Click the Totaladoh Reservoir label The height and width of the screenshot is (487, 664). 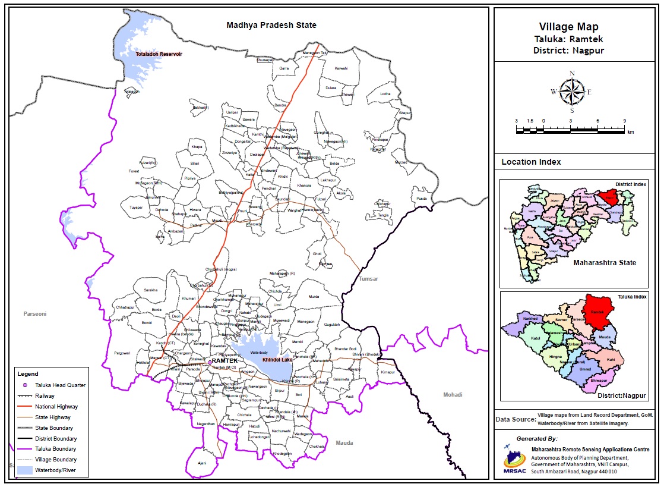(159, 54)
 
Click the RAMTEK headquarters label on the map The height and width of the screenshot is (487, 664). (225, 361)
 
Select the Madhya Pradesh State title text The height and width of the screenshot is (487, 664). (271, 25)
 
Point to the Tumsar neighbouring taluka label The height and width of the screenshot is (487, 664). (369, 278)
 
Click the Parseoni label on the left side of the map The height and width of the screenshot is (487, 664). (35, 313)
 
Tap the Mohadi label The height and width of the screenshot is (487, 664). (453, 394)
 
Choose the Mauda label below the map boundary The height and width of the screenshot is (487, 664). (344, 442)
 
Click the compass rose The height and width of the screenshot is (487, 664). (572, 92)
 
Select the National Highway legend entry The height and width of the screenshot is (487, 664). (56, 407)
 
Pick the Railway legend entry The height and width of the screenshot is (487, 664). (45, 396)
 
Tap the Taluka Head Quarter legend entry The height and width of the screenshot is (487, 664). (60, 385)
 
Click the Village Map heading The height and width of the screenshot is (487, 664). (568, 27)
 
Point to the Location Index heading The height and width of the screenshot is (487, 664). (531, 162)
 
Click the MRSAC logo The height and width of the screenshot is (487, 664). (514, 458)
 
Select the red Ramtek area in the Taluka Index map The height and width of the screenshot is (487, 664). (598, 309)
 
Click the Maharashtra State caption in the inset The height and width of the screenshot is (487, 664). (605, 262)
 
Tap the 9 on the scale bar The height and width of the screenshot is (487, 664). (624, 121)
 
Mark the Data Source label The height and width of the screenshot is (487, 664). (514, 419)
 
